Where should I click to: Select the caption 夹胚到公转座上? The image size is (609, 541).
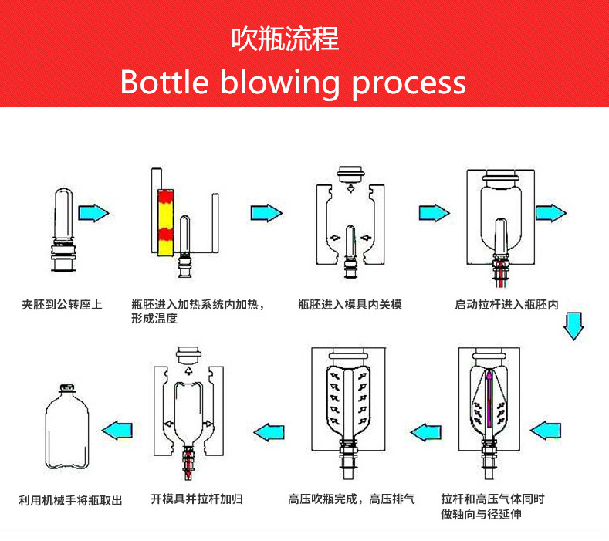(62, 305)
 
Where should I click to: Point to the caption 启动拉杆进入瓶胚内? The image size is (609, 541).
(506, 305)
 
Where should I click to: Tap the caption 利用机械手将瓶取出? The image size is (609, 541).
(70, 500)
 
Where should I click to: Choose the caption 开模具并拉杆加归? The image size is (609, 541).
(197, 499)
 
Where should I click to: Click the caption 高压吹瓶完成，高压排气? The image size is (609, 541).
(351, 499)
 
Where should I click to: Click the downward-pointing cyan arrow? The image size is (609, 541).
(572, 326)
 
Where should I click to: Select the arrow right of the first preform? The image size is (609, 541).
(94, 212)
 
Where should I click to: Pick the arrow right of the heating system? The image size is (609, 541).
(266, 212)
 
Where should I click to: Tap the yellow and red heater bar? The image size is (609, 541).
(164, 221)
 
